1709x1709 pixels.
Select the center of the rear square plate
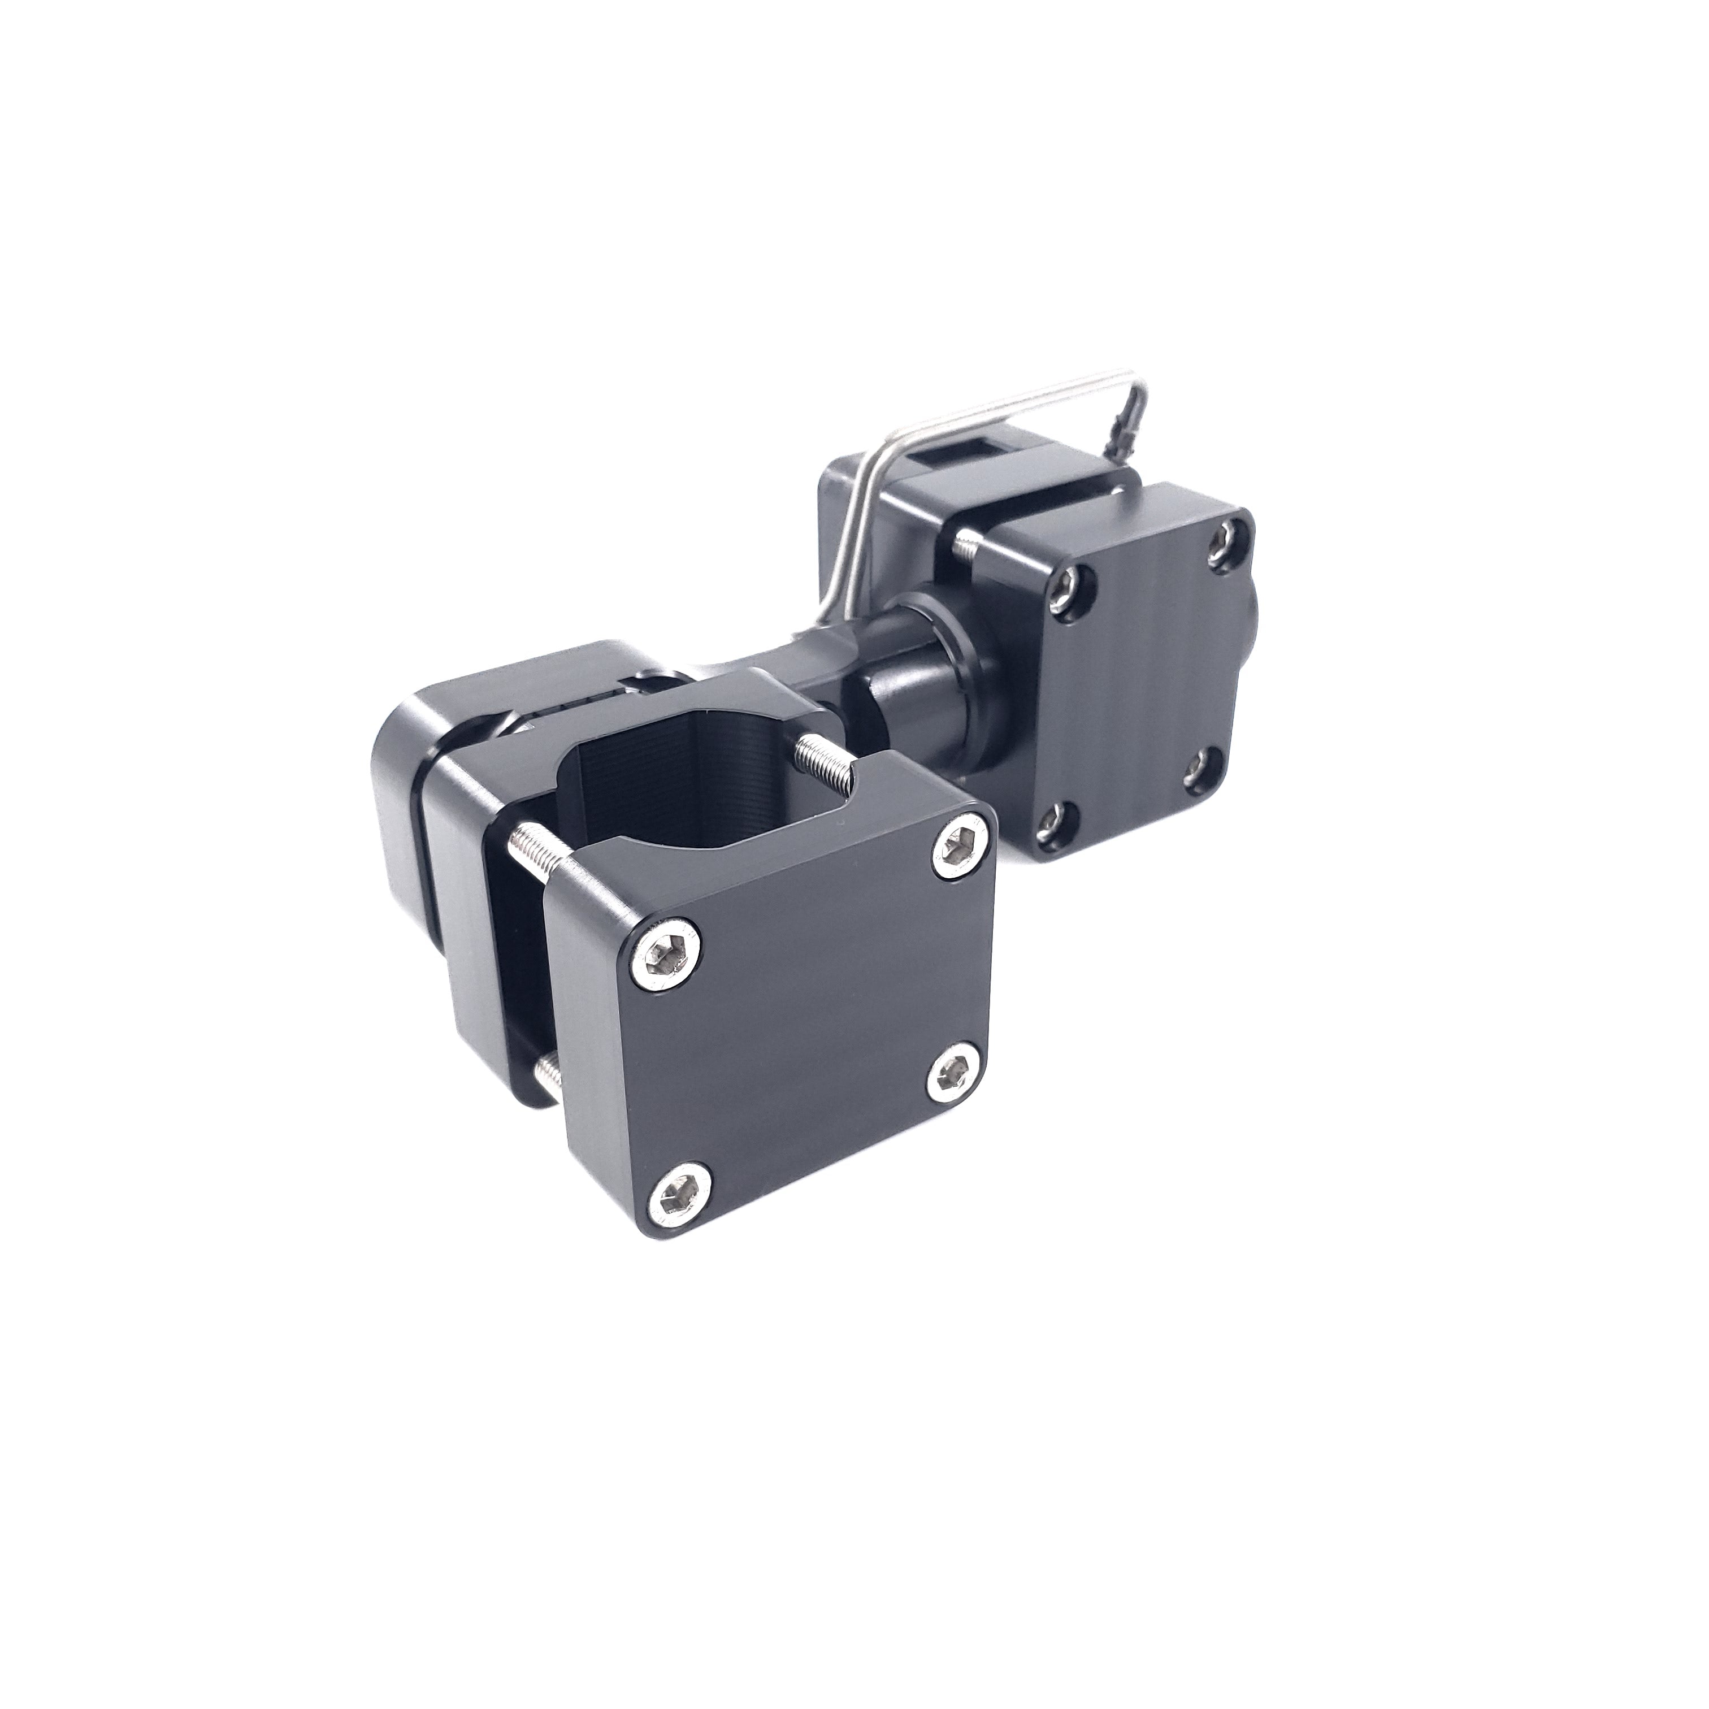coord(1141,673)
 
